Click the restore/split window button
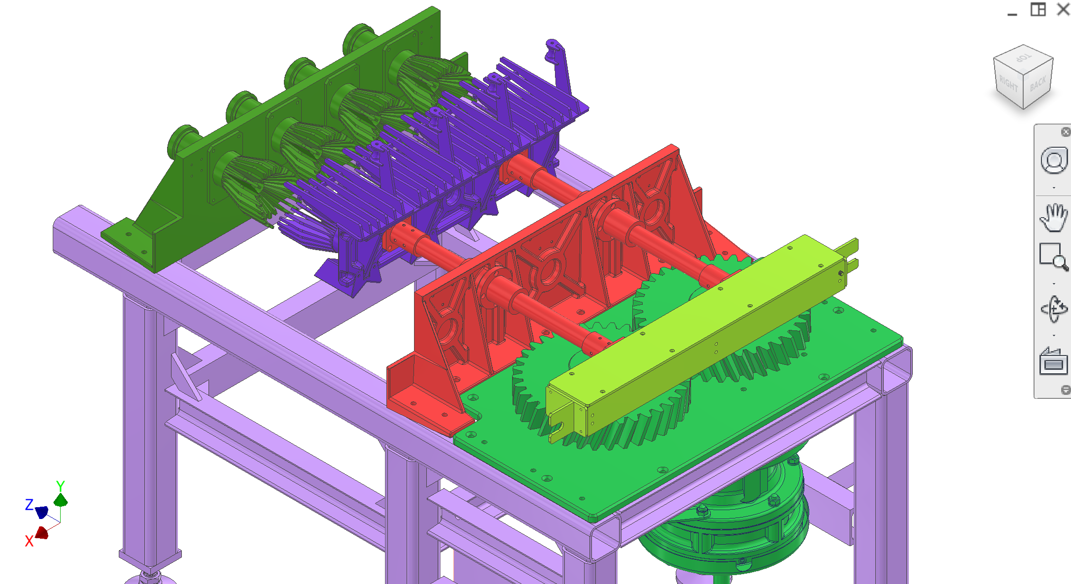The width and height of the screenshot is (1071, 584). (1038, 9)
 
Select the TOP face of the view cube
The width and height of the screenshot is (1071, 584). (1024, 58)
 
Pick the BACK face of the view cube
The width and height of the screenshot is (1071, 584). (1038, 84)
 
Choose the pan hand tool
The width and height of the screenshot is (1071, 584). (1054, 217)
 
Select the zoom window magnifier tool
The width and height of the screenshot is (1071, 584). (1054, 257)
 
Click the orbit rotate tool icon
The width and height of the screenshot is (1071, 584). (1054, 309)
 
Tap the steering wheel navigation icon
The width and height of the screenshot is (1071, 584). (1054, 161)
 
